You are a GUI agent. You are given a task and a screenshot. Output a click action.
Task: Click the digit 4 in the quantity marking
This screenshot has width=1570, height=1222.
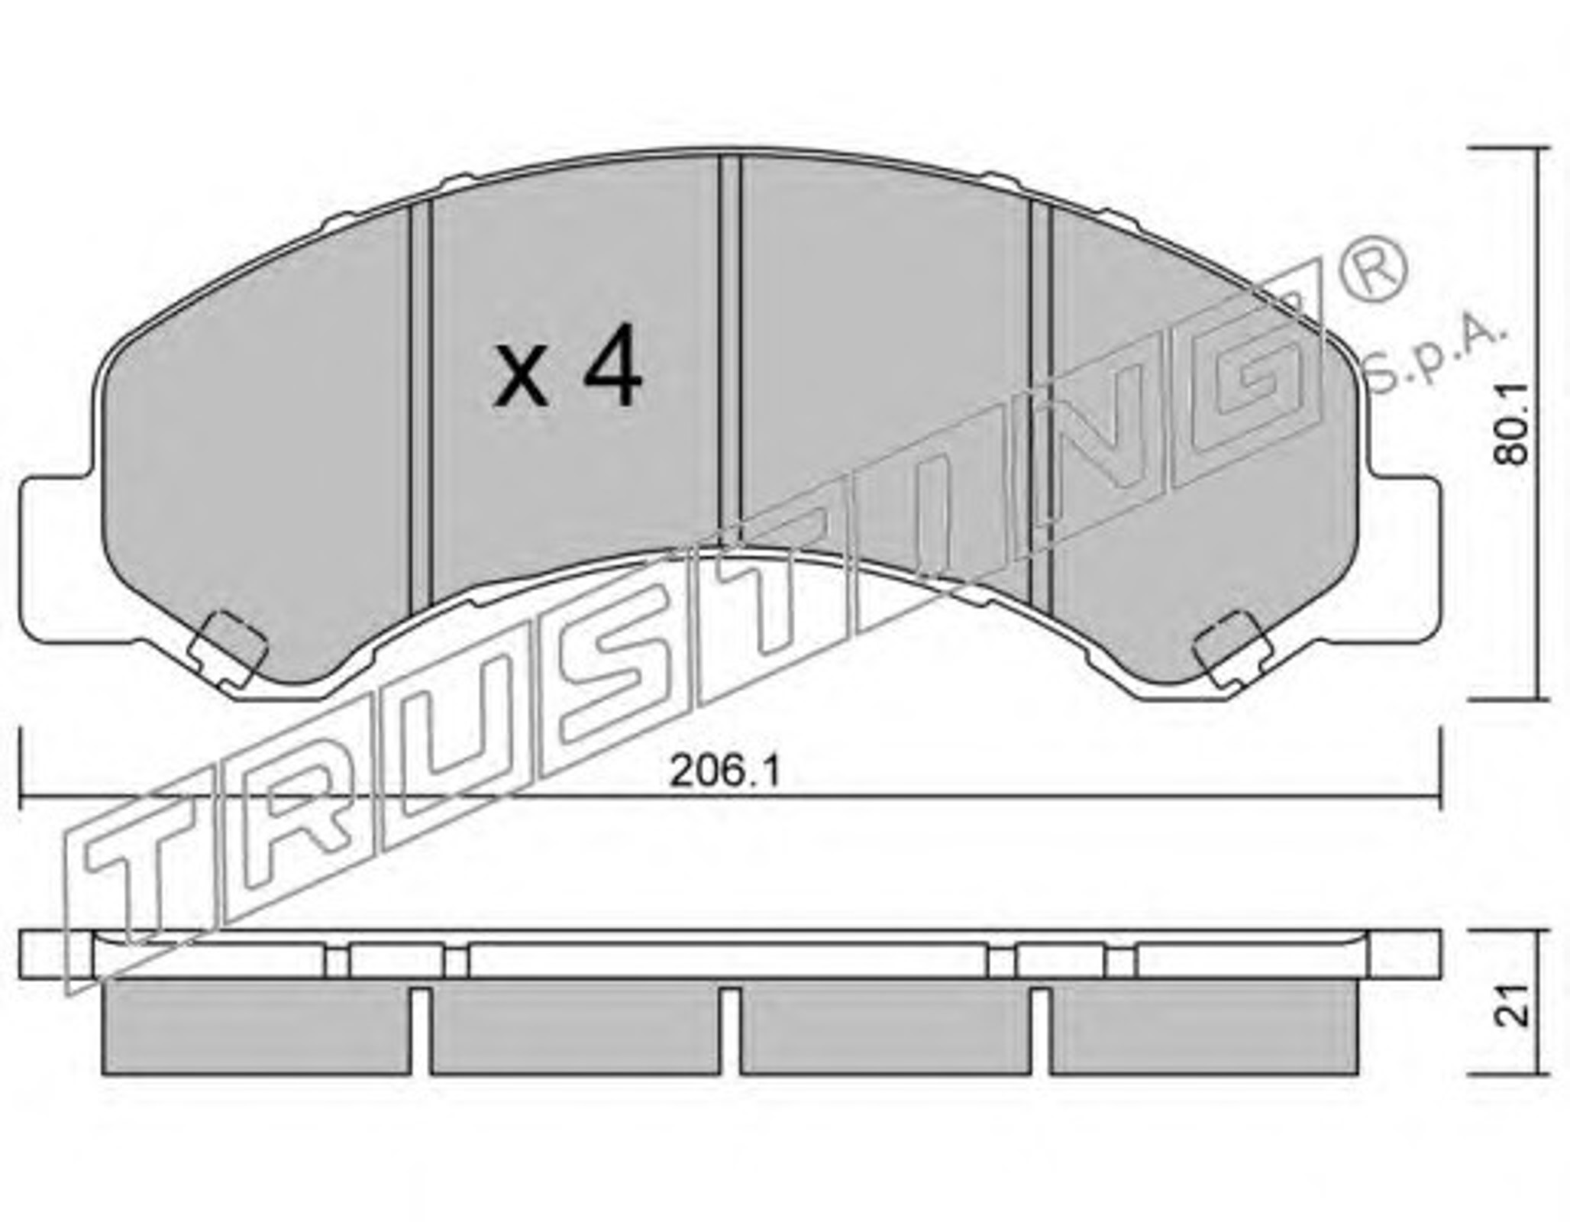(612, 364)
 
